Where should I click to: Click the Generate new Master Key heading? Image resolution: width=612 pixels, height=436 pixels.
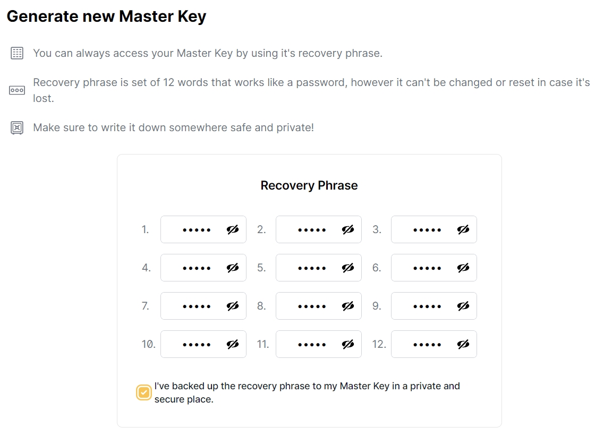[x=106, y=16]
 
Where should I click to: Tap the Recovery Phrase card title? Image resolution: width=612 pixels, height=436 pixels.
[x=309, y=185]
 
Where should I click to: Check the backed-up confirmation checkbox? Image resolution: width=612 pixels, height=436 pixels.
[x=143, y=392]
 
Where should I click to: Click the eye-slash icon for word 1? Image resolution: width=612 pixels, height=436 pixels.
[x=233, y=229]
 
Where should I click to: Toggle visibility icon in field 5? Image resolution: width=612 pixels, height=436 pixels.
[x=348, y=268]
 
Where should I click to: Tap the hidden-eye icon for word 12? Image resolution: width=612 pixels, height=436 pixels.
[x=463, y=344]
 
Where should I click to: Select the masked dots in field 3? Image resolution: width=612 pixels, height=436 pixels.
[x=427, y=230]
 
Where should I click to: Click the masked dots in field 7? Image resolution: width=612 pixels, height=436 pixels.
[x=197, y=306]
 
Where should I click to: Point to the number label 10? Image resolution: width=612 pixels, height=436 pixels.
[x=148, y=344]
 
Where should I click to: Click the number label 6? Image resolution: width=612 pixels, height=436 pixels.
[x=377, y=268]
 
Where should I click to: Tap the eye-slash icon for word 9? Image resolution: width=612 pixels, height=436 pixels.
[x=463, y=306]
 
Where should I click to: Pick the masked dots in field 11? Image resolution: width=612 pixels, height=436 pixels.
[x=312, y=345]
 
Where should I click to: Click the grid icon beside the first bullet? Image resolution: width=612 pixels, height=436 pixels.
[x=17, y=53]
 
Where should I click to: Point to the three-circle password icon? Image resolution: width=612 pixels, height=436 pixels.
[x=17, y=90]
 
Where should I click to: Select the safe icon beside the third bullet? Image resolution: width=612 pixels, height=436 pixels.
[x=17, y=127]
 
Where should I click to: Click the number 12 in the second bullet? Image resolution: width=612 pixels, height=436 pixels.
[x=168, y=83]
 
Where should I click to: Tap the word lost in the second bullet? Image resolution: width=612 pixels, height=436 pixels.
[x=44, y=98]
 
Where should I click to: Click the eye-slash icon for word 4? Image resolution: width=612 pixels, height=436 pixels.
[x=233, y=268]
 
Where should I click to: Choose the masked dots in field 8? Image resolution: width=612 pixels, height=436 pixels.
[x=312, y=306]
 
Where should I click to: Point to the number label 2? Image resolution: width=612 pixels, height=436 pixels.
[x=261, y=229]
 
